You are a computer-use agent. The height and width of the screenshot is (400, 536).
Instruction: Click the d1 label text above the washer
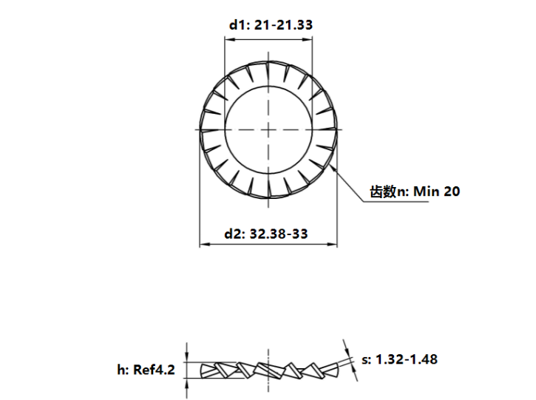pos(238,24)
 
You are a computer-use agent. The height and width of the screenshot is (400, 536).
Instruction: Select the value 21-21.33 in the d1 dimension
pos(283,24)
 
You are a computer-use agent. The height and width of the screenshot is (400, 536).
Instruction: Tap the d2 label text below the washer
pos(234,234)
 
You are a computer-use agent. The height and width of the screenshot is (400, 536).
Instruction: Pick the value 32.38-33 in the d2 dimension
pos(279,234)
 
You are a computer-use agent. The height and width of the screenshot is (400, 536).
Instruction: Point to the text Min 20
pos(435,192)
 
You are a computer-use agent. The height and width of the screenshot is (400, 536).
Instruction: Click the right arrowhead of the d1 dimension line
pos(308,41)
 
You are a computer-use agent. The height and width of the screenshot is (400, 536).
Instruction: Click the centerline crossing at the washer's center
pos(268,129)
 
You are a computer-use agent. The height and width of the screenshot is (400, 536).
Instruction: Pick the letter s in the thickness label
pos(365,360)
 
